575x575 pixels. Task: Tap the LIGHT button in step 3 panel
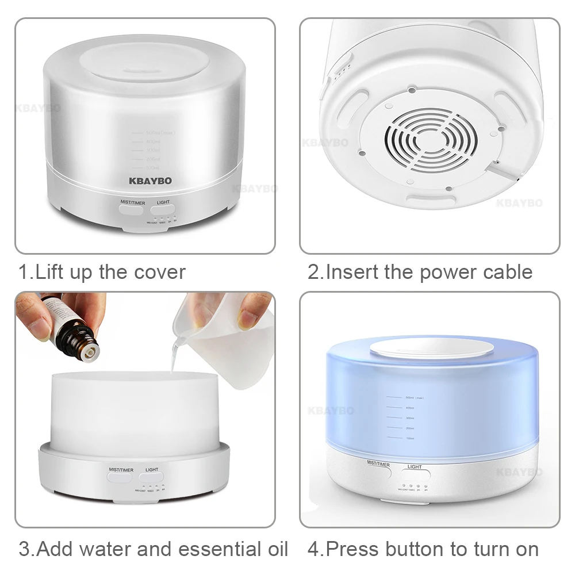(152, 478)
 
